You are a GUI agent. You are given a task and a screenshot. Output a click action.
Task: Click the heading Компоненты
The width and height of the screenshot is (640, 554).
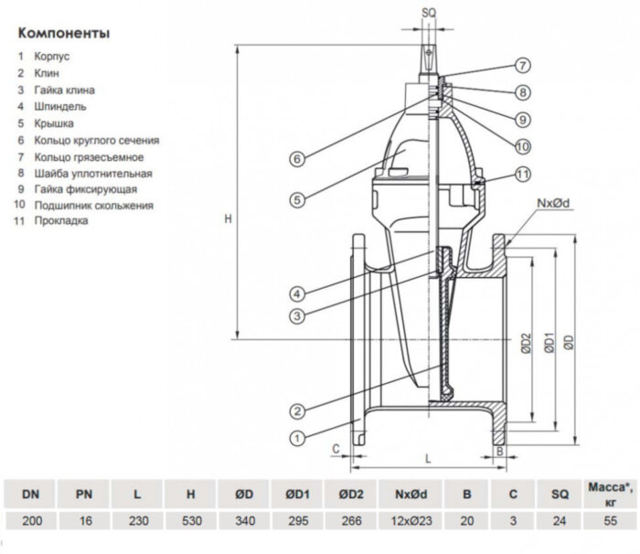(63, 34)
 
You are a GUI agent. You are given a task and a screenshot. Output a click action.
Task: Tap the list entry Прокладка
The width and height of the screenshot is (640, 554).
(61, 221)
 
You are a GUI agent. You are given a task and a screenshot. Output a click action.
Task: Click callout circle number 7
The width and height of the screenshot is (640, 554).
(521, 66)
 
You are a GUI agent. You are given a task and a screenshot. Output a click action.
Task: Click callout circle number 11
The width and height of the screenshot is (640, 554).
(521, 174)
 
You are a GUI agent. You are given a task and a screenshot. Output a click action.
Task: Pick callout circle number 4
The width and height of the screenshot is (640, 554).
(297, 293)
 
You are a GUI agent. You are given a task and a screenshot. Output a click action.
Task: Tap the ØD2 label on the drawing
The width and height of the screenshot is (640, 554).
(526, 342)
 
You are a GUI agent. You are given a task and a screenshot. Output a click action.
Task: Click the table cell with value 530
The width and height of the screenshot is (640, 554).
(190, 520)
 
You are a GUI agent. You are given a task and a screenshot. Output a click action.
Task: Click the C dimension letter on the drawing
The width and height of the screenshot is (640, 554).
(336, 448)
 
